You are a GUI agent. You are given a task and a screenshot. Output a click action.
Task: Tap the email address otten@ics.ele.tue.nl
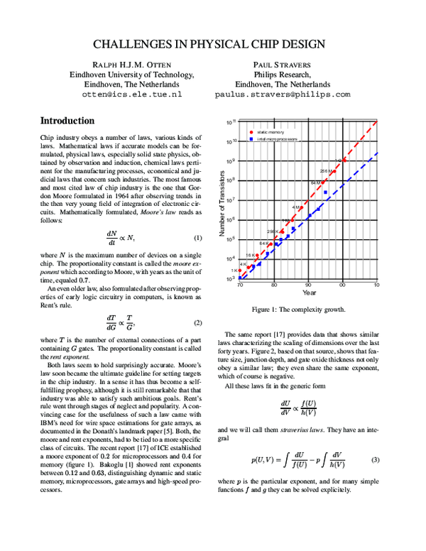click(x=131, y=94)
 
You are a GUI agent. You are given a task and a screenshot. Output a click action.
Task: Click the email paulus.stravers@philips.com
click(x=282, y=94)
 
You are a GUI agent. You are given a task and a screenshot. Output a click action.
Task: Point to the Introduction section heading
click(x=67, y=121)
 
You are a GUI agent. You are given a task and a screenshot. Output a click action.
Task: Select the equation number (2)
click(x=198, y=322)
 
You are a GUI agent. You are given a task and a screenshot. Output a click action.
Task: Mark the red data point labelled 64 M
click(x=324, y=182)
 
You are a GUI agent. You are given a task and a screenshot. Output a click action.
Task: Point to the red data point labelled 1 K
click(x=240, y=270)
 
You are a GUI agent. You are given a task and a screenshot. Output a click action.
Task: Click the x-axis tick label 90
click(x=309, y=285)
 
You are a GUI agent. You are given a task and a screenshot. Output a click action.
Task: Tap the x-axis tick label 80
click(x=274, y=285)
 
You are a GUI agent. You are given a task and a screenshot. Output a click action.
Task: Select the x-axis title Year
click(x=309, y=293)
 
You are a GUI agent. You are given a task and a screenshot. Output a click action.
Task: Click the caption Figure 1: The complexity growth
click(x=299, y=310)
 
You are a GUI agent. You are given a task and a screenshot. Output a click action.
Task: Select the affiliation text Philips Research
click(x=282, y=74)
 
